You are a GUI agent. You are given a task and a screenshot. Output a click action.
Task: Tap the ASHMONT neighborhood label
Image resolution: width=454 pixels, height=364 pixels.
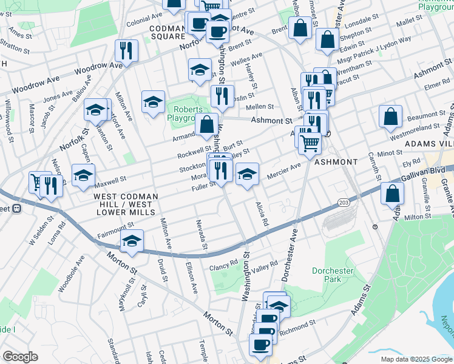(x=336, y=162)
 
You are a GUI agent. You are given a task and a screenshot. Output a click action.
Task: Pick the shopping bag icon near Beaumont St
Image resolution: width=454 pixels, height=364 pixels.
(x=391, y=116)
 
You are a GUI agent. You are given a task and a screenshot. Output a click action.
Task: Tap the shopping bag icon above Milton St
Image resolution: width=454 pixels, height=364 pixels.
(x=393, y=194)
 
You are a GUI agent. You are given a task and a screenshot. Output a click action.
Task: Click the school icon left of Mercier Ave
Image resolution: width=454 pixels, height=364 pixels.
(x=247, y=174)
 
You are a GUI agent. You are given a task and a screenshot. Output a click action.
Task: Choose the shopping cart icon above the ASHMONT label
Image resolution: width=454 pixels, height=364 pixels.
(x=310, y=144)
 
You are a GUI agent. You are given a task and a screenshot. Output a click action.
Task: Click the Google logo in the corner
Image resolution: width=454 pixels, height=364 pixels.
(x=20, y=357)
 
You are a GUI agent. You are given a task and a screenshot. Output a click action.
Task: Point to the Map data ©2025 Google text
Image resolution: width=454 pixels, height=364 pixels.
(x=416, y=359)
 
